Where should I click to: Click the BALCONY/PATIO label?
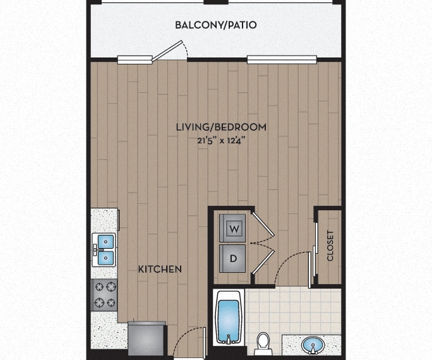coord(216,25)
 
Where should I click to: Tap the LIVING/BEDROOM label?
coord(221,127)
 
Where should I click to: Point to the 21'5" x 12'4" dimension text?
coord(221,141)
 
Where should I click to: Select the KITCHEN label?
coord(160,269)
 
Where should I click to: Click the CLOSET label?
coord(330,246)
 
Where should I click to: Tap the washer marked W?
coord(232,229)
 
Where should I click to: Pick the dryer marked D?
coord(232,259)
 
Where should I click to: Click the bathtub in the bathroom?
coord(229,317)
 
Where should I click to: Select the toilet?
coord(263,344)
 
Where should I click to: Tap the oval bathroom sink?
coord(313,345)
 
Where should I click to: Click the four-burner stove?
coord(104,295)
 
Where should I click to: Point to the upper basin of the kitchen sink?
coord(105,241)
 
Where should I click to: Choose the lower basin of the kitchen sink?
coord(105,258)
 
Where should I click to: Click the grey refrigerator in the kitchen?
coord(147,339)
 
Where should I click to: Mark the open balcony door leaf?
coord(167,51)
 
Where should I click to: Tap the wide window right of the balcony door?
coord(282,59)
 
